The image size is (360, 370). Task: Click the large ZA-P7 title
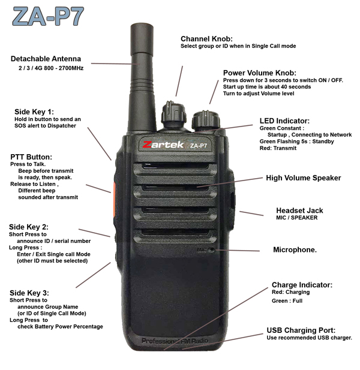point(48,16)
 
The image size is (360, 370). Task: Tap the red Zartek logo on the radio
point(163,145)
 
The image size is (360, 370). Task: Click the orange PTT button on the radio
point(114,200)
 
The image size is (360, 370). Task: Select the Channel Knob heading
point(206,39)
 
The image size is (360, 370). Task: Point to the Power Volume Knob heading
point(260,73)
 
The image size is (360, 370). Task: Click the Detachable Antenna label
point(46,59)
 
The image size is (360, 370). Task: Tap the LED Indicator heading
point(284,121)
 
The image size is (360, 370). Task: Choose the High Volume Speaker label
point(304,178)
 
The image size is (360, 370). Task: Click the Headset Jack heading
point(299,210)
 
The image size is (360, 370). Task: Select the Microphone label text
point(295,249)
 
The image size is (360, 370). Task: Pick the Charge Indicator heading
point(302,285)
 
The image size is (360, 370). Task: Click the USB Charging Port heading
point(301,330)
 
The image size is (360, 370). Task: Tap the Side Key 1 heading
point(34,112)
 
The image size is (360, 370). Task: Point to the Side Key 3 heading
point(29,293)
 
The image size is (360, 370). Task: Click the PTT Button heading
point(31,157)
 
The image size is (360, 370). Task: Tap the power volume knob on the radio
point(206,120)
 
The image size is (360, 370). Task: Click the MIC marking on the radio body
point(202,249)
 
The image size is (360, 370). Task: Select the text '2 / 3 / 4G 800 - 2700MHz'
point(51,68)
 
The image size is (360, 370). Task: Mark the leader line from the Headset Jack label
point(251,213)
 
